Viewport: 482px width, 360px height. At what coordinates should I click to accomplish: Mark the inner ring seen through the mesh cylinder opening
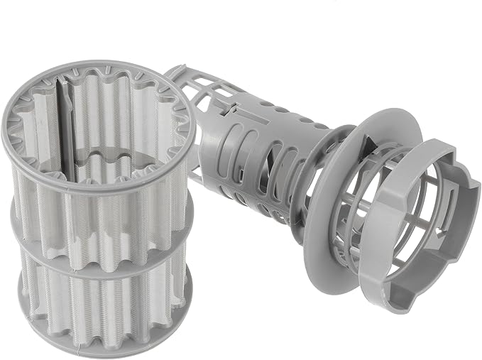106,153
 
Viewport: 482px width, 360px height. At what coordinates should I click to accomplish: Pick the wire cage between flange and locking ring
362,199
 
